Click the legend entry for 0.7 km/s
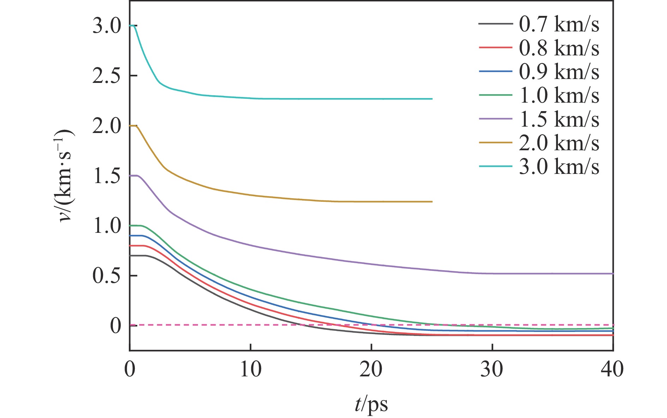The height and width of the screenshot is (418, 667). tap(559, 24)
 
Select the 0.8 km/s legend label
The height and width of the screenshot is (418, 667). tap(559, 48)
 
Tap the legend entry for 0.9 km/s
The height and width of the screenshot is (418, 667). tap(559, 72)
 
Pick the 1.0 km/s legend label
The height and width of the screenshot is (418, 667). tap(559, 96)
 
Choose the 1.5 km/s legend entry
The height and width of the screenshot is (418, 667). tap(559, 119)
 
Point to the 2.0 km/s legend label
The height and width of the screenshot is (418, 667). tap(559, 143)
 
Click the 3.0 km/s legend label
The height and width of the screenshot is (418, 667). tap(559, 166)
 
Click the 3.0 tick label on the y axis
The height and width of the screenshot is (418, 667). tap(107, 26)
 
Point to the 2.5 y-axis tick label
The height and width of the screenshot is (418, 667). tap(107, 76)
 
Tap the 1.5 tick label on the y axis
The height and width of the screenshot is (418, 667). tap(107, 176)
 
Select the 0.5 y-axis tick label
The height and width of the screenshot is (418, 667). tap(107, 276)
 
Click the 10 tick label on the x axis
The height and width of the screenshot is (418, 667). tap(251, 369)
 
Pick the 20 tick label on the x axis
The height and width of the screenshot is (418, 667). tap(371, 369)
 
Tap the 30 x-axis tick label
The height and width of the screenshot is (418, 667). tap(492, 369)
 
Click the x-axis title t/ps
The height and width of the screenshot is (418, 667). tap(371, 405)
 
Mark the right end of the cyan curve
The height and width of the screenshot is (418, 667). tap(432, 99)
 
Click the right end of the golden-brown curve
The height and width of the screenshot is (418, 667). tap(432, 202)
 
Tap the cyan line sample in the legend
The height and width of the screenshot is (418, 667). tap(495, 166)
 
